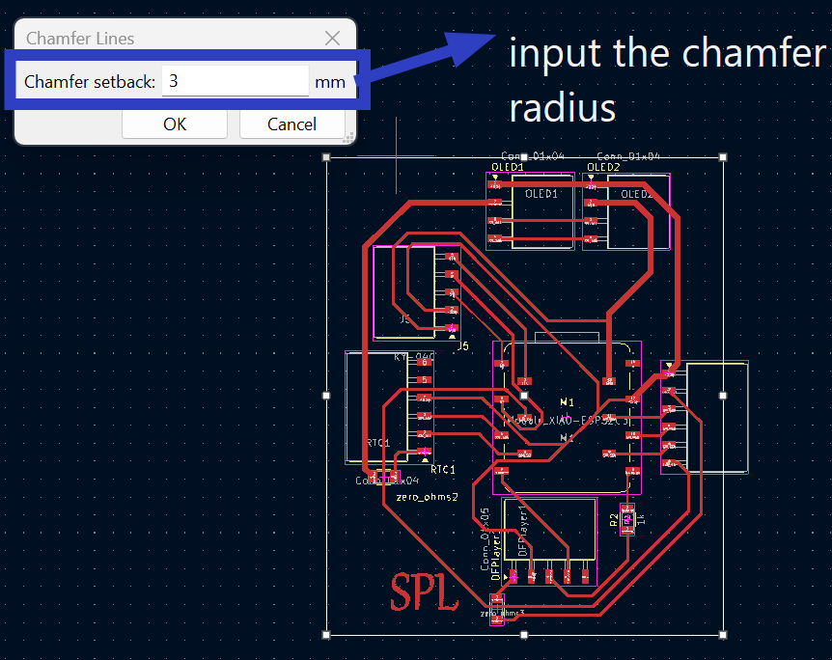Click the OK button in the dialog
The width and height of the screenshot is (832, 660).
[x=175, y=124]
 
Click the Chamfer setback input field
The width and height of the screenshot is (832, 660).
[x=235, y=82]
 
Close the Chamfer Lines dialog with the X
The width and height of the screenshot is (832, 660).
[x=332, y=39]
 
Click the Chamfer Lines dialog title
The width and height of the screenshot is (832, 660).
[x=80, y=39]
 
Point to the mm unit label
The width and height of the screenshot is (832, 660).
[x=329, y=82]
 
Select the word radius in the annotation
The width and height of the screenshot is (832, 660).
[x=562, y=108]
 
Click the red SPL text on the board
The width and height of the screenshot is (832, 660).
[x=423, y=591]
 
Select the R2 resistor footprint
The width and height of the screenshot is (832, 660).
[x=627, y=519]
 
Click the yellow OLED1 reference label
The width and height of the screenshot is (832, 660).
[x=508, y=167]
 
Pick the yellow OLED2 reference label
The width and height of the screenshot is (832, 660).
[x=604, y=167]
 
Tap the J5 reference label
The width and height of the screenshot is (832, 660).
[x=463, y=345]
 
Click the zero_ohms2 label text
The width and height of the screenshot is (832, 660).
[x=427, y=498]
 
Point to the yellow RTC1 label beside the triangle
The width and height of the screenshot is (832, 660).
[x=443, y=470]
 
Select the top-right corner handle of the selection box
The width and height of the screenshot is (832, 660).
[x=723, y=156]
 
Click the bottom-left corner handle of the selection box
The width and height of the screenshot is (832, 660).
[x=326, y=634]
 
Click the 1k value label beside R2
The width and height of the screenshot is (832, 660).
[x=639, y=519]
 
